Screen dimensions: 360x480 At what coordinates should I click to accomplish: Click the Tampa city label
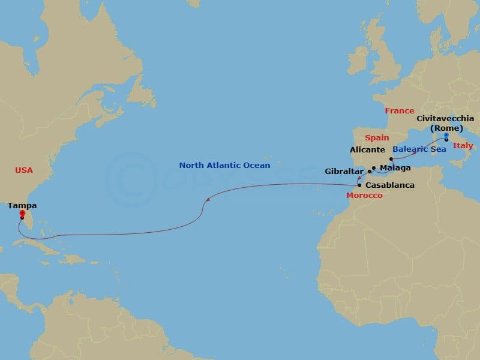coord(22,205)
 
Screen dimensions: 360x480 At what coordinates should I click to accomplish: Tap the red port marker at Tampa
coord(22,213)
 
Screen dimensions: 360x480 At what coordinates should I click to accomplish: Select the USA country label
coord(24,170)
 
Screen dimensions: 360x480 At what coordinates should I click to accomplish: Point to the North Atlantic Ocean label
coord(224,165)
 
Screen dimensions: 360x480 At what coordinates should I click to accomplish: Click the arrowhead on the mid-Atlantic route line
coord(206,200)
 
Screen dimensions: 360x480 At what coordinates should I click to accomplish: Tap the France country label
coord(400,111)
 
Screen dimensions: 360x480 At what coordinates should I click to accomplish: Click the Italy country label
coord(463,146)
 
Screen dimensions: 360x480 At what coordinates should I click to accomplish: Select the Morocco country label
coord(365,196)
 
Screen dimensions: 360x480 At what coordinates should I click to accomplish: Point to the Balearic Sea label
coord(419,149)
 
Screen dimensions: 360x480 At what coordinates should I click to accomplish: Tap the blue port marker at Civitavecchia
coord(446,135)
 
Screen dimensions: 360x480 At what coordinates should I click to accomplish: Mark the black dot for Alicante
coord(391,159)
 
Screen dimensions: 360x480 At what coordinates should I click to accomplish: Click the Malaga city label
coord(395,168)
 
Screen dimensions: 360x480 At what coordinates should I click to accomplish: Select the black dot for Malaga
coord(374,168)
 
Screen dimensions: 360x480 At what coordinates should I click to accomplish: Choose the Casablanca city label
coord(389,185)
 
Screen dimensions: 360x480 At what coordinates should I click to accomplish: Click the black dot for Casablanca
coord(359,185)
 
